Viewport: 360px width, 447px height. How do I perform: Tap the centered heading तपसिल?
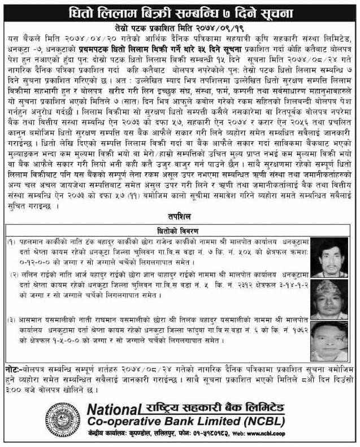(179, 218)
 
